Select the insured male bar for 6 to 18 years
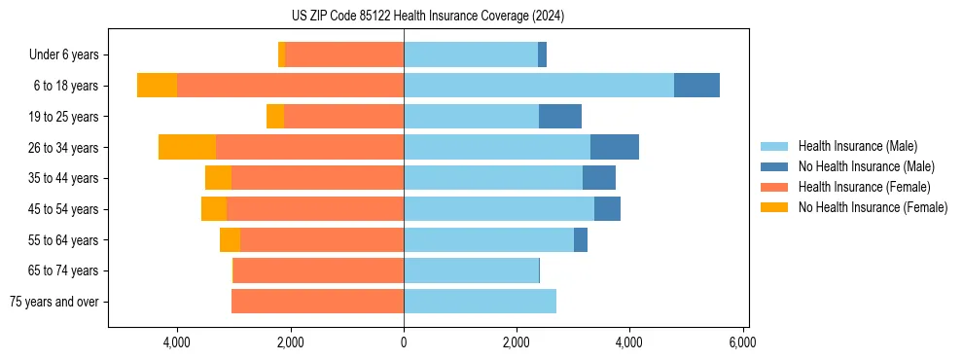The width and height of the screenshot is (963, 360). click(539, 86)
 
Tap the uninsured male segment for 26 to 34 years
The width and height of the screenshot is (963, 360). click(615, 147)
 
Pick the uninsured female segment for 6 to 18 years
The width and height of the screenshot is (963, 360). click(157, 86)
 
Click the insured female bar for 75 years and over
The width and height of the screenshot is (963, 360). click(317, 302)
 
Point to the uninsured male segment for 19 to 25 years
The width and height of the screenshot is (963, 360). click(560, 117)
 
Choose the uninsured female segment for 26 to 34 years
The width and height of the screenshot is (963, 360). click(187, 147)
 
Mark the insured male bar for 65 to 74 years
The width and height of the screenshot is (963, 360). click(471, 270)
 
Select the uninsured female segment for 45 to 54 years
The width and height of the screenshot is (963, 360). click(214, 209)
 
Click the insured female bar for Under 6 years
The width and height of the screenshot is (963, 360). click(344, 54)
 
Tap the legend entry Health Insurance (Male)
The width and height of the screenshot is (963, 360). click(857, 146)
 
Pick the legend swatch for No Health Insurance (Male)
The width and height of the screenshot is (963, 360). click(775, 166)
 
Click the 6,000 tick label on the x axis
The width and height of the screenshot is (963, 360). click(743, 342)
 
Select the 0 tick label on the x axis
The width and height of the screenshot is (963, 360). click(404, 342)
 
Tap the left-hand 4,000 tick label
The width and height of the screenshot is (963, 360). click(177, 342)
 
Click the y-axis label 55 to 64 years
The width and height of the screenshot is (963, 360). click(64, 240)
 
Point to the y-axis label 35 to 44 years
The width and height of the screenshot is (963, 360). click(64, 178)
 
